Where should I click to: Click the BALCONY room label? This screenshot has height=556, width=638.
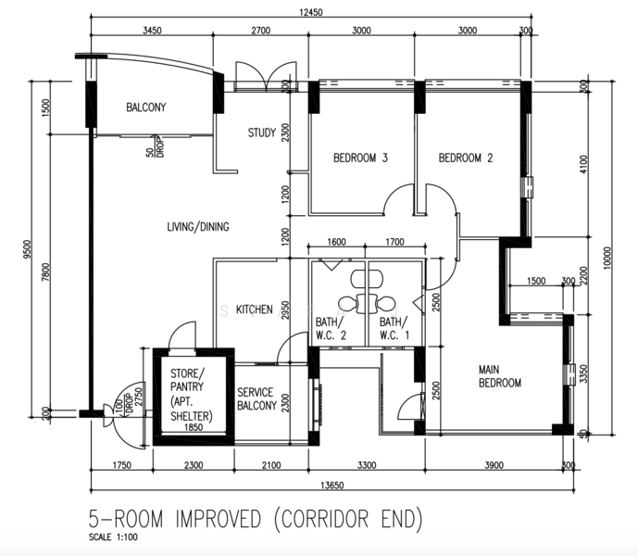(145, 107)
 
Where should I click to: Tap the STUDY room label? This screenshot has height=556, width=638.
(261, 133)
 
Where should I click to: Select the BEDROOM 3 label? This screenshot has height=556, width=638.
(360, 158)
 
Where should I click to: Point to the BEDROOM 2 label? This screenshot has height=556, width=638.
(465, 158)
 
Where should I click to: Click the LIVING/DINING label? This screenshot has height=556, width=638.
(198, 227)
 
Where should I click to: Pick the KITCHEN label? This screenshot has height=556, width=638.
(253, 310)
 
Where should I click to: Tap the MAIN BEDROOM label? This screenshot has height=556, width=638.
(499, 375)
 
